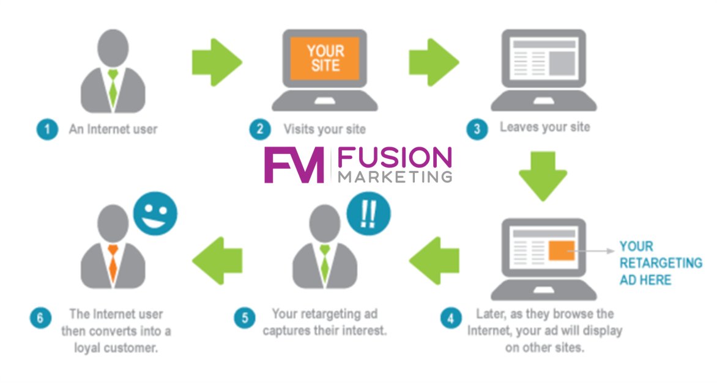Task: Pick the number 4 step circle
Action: pyautogui.click(x=451, y=318)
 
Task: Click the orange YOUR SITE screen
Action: pyautogui.click(x=324, y=58)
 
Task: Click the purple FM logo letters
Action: pyautogui.click(x=293, y=165)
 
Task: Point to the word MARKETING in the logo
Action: pyautogui.click(x=395, y=177)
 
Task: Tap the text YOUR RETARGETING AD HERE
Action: pyautogui.click(x=660, y=263)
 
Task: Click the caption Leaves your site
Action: pyautogui.click(x=544, y=128)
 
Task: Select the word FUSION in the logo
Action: pyautogui.click(x=395, y=159)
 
